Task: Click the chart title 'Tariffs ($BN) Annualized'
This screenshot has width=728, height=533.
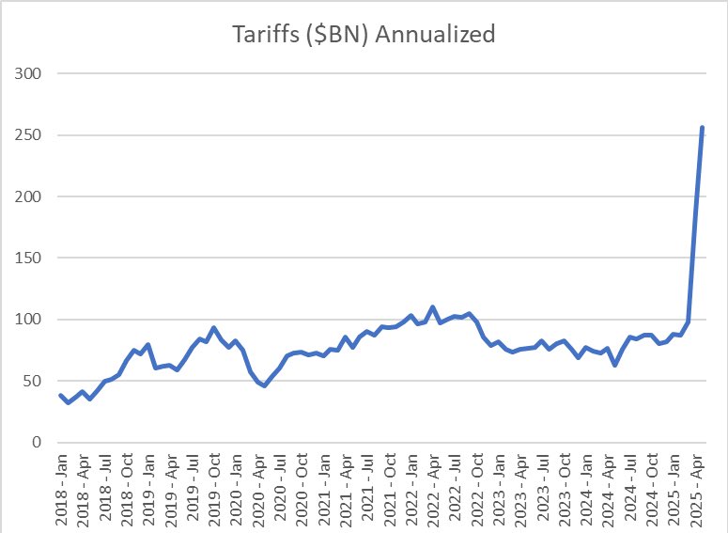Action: pos(364,36)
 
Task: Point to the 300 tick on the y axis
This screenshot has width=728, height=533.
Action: pos(32,73)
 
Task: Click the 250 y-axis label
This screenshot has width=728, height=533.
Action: pos(32,135)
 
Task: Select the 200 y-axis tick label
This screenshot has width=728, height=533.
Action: pos(32,196)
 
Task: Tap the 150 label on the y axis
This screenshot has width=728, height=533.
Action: pos(32,258)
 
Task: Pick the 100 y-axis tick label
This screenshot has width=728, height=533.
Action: pos(32,320)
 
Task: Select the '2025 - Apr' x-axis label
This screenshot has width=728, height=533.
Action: pos(695,489)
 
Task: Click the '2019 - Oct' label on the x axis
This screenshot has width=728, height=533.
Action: pos(215,489)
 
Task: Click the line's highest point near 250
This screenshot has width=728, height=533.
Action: pos(702,129)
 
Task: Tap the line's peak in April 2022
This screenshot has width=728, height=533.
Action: pos(432,307)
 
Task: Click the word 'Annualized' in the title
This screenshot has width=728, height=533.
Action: pos(447,36)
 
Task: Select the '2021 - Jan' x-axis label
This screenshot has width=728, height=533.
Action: pos(324,489)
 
